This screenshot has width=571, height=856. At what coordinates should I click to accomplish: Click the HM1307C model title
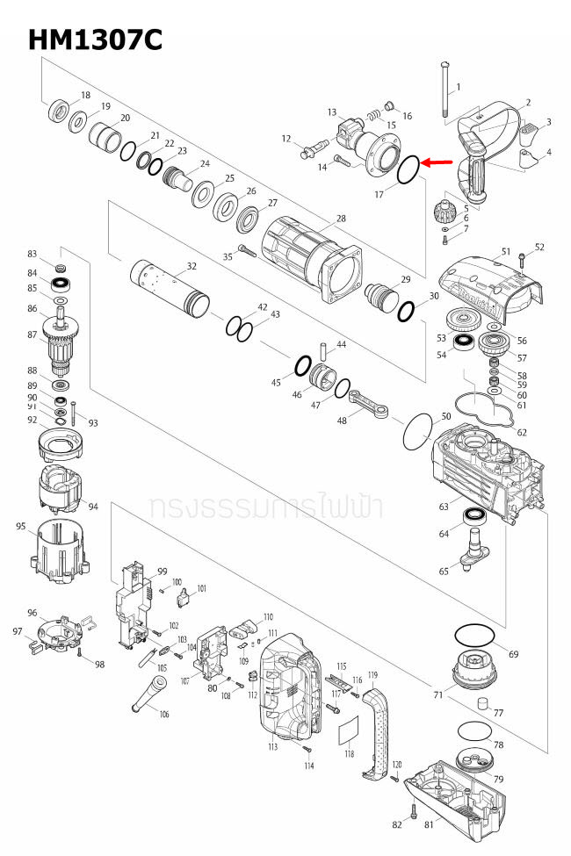pos(95,40)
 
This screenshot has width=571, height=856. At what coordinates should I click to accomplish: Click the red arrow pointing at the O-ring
pos(437,162)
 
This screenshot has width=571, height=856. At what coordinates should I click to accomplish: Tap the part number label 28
pos(341,218)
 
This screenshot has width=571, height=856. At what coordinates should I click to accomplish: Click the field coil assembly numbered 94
pos(59,493)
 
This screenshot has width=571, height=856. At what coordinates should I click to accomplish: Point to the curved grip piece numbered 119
pos(379,732)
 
